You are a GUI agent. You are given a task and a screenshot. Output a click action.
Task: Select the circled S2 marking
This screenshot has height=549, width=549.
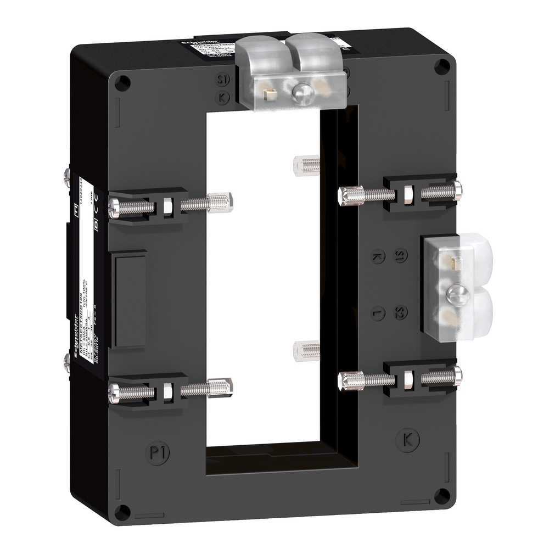pyautogui.click(x=401, y=313)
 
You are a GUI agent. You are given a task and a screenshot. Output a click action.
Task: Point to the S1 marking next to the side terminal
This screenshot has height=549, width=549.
pyautogui.click(x=401, y=256)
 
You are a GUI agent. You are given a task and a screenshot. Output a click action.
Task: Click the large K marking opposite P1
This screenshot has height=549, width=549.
pyautogui.click(x=407, y=439)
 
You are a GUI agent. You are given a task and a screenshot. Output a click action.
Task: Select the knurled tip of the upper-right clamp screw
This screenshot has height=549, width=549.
pyautogui.click(x=345, y=194)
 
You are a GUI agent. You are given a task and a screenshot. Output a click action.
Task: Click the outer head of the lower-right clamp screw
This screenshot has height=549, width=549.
pyautogui.click(x=457, y=376)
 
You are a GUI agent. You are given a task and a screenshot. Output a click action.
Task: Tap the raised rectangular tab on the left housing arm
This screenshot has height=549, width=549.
pyautogui.click(x=130, y=300)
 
